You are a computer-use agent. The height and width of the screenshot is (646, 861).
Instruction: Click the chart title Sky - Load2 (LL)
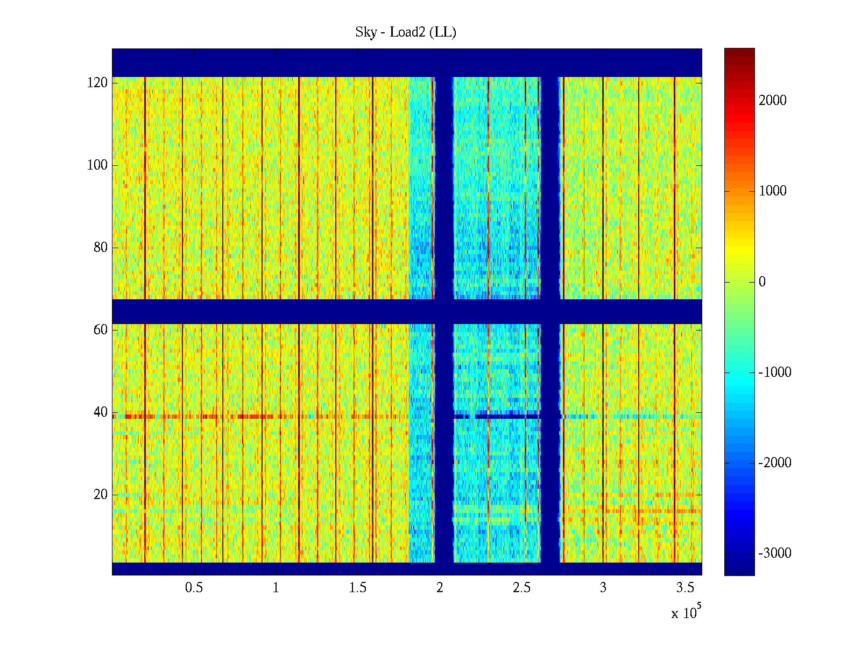pyautogui.click(x=406, y=32)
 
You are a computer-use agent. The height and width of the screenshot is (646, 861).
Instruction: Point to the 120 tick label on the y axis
pyautogui.click(x=97, y=83)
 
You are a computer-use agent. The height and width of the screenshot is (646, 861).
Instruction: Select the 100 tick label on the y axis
pyautogui.click(x=97, y=165)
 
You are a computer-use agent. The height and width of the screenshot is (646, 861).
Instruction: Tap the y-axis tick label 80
pyautogui.click(x=101, y=248)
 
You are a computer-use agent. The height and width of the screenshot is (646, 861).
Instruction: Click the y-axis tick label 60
pyautogui.click(x=101, y=330)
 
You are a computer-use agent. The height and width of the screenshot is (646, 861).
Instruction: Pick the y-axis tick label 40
pyautogui.click(x=101, y=412)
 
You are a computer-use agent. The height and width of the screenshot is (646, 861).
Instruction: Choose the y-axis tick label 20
pyautogui.click(x=101, y=495)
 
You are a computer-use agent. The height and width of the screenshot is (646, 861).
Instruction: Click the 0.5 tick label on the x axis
pyautogui.click(x=194, y=588)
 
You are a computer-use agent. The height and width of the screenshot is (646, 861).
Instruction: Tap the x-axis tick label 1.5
pyautogui.click(x=357, y=588)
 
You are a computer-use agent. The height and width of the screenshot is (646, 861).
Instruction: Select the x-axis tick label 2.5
pyautogui.click(x=521, y=588)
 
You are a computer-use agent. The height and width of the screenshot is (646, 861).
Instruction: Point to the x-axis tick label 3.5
pyautogui.click(x=685, y=588)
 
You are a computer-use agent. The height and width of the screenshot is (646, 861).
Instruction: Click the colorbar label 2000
pyautogui.click(x=773, y=101)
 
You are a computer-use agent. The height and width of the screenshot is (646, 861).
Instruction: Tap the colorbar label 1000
pyautogui.click(x=773, y=191)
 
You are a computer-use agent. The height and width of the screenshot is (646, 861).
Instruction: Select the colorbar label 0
pyautogui.click(x=762, y=282)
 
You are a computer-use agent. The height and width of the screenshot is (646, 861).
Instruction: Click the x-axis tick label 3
pyautogui.click(x=603, y=588)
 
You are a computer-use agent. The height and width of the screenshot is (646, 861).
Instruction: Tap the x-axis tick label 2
pyautogui.click(x=440, y=588)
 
